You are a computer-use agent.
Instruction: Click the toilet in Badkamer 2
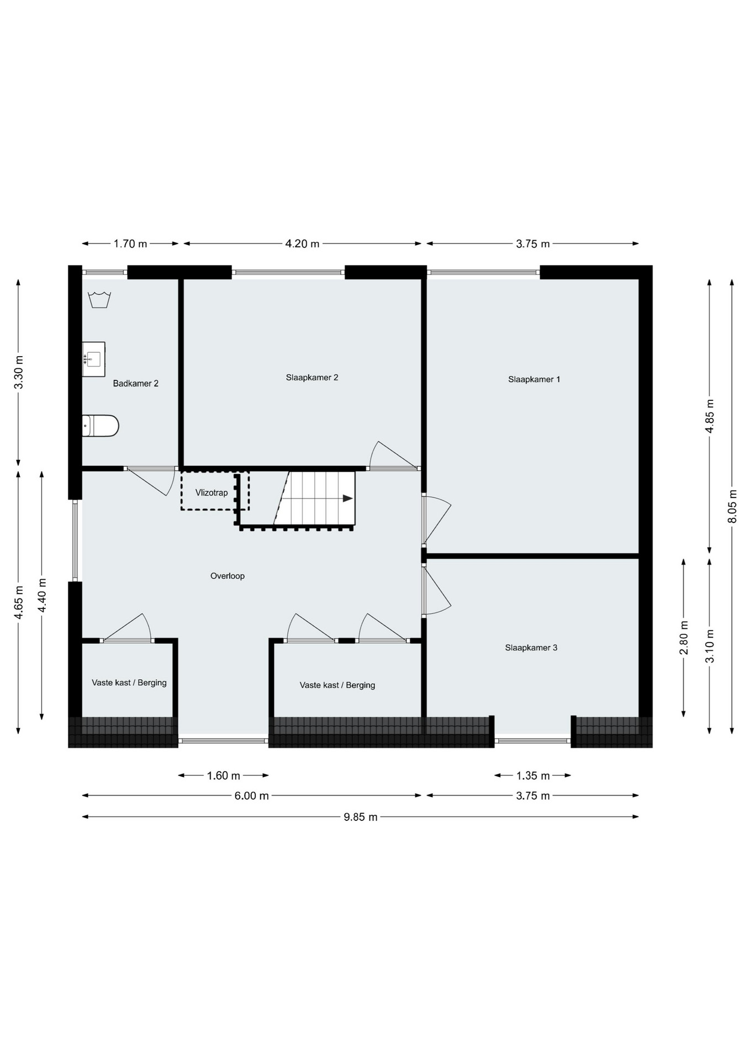click(101, 426)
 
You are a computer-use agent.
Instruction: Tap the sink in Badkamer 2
click(93, 359)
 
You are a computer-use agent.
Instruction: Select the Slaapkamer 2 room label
click(312, 378)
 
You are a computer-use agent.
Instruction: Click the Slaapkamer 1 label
click(534, 379)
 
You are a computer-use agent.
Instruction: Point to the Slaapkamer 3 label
click(531, 648)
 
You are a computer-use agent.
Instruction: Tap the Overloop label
click(228, 576)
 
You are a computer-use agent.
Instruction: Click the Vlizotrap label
click(212, 492)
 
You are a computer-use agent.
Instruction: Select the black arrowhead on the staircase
click(348, 499)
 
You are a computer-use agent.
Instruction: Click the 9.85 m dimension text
click(361, 817)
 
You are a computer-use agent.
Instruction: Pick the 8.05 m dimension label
click(732, 506)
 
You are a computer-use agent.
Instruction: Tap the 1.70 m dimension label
click(130, 243)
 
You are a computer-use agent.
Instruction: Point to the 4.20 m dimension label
click(302, 243)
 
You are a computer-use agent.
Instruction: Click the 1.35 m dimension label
click(533, 776)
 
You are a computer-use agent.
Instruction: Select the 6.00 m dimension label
click(251, 796)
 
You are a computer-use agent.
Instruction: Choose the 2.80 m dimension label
click(684, 638)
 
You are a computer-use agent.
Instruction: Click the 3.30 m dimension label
click(19, 372)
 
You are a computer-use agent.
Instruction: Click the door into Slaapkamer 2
click(393, 456)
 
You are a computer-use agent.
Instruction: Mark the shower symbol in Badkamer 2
click(99, 299)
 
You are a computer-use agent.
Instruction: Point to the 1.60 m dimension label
click(224, 776)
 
